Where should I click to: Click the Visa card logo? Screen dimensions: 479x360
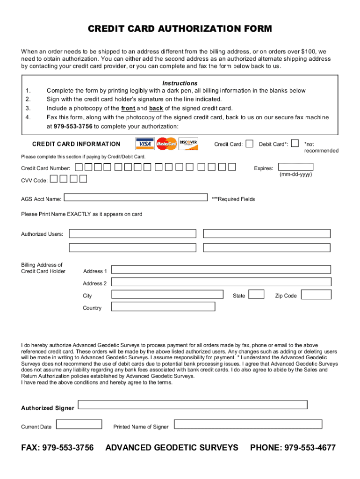(144, 144)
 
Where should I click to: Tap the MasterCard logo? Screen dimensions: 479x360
(166, 144)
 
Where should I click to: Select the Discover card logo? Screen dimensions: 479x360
(188, 143)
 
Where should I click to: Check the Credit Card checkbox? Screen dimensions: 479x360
(250, 144)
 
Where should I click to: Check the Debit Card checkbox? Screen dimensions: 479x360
(295, 144)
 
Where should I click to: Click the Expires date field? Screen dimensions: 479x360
(295, 167)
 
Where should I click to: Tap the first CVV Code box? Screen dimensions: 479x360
(54, 178)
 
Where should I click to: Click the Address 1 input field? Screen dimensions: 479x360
(221, 269)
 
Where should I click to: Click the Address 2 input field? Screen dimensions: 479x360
(221, 282)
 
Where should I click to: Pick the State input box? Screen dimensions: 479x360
(256, 294)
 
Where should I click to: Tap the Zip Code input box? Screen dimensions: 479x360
(316, 294)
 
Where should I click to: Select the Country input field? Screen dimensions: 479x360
(163, 306)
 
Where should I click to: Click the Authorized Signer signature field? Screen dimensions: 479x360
(193, 405)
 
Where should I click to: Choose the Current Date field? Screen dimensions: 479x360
(79, 424)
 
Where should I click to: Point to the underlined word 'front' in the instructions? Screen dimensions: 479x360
(128, 108)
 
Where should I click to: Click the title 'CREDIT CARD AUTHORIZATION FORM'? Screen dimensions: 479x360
(180, 29)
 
